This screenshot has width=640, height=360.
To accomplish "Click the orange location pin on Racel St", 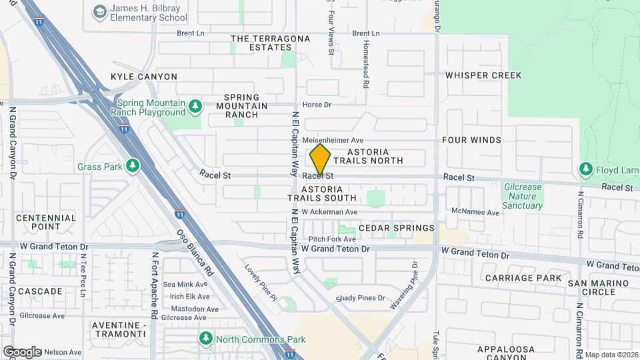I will (x=320, y=160).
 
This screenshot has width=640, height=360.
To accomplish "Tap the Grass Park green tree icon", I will (x=133, y=165).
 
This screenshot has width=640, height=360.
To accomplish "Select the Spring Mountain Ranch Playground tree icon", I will (x=195, y=106).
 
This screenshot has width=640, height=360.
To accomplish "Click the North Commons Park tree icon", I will (x=206, y=339).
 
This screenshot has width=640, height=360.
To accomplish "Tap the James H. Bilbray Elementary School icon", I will (x=100, y=11).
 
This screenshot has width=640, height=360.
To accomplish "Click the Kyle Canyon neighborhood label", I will (x=144, y=77).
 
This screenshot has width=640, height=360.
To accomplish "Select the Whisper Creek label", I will (x=483, y=75).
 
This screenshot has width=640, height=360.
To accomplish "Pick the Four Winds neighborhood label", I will (x=471, y=140).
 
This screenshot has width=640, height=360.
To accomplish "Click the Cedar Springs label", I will (x=397, y=228).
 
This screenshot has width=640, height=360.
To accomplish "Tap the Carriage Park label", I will (x=523, y=277).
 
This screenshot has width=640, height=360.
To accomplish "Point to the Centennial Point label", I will (x=46, y=222).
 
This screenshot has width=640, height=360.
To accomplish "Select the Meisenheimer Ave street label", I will (x=333, y=140).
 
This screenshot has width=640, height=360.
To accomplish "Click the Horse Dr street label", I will (x=317, y=105).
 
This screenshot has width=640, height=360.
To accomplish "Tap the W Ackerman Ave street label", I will (x=329, y=212).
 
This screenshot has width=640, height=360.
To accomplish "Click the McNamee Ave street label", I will (x=475, y=213).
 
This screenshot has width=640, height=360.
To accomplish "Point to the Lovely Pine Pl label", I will (x=260, y=281).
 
